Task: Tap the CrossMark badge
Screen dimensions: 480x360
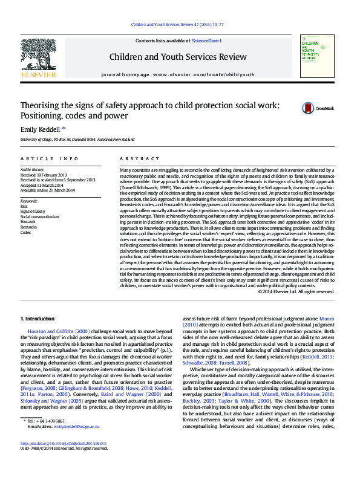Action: [318, 108]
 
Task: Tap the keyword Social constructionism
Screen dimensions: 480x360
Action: [40, 216]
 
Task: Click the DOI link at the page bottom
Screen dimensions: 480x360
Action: [64, 460]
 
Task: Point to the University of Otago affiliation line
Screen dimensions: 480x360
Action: [77, 139]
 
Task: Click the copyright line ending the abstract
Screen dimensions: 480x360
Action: [296, 291]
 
